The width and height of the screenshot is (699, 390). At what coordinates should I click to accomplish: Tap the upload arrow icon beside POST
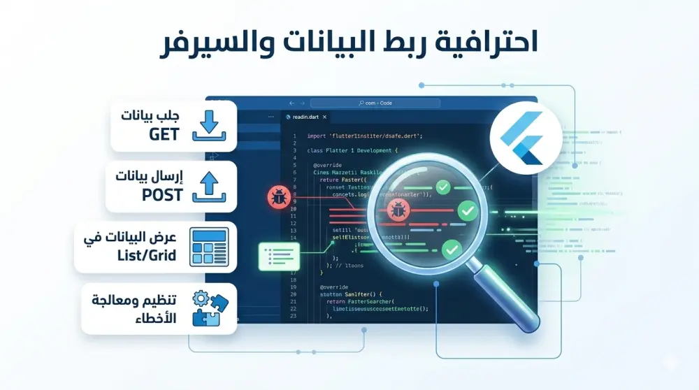click(209, 187)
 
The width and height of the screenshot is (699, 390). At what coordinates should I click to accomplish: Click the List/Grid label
click(147, 256)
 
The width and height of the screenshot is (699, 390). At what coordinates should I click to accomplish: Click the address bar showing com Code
click(375, 103)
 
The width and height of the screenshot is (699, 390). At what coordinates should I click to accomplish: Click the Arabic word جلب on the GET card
click(168, 115)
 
